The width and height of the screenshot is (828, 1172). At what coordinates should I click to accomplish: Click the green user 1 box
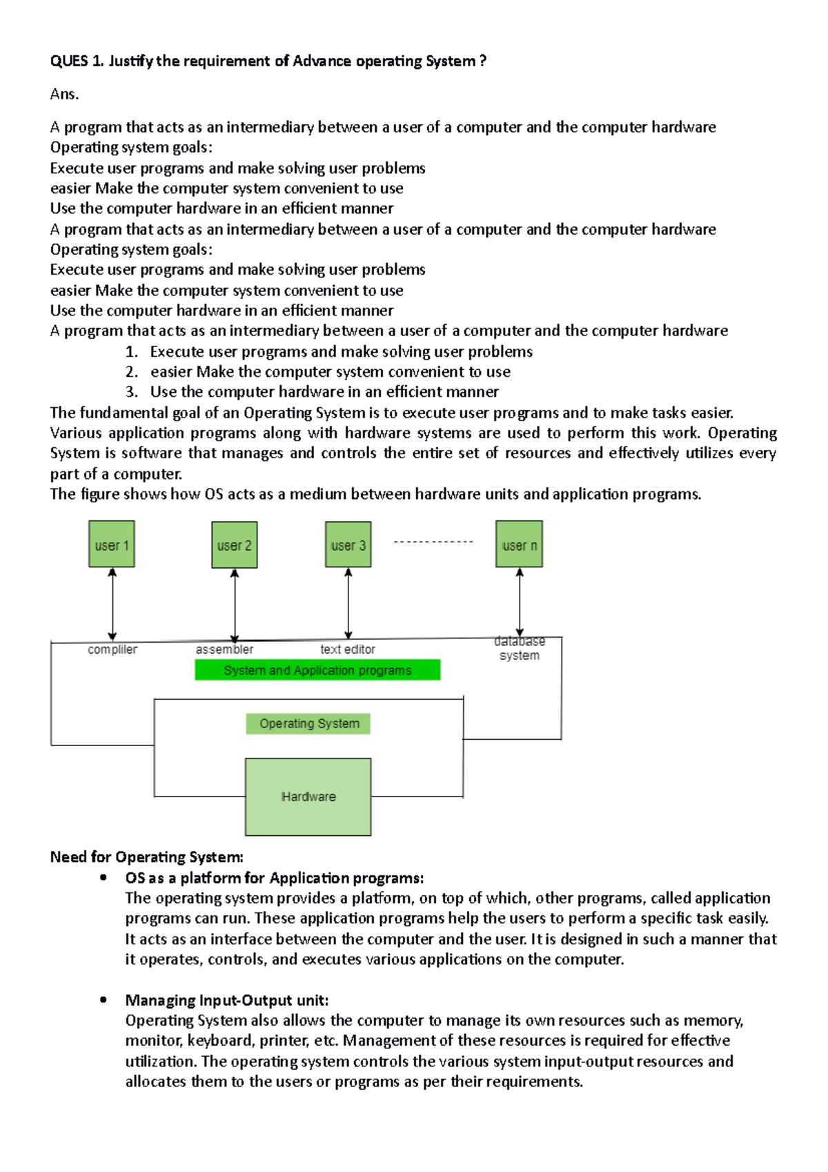click(x=112, y=545)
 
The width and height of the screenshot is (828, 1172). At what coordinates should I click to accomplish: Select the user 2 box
click(x=235, y=545)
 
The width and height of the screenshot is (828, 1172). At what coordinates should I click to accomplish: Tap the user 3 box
click(x=348, y=545)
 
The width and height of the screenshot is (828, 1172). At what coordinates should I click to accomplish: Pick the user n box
click(x=520, y=545)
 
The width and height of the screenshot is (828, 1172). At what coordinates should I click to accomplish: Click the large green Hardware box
click(x=308, y=797)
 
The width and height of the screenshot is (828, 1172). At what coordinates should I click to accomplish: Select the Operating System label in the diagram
click(x=308, y=723)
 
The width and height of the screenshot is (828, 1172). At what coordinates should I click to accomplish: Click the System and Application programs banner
click(x=317, y=670)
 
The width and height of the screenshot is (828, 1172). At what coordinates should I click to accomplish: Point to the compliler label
click(x=112, y=650)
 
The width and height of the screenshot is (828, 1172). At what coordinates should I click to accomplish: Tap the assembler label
click(x=224, y=650)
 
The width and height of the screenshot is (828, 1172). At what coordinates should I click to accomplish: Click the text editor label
click(x=348, y=650)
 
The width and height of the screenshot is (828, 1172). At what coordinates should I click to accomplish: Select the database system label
click(x=520, y=648)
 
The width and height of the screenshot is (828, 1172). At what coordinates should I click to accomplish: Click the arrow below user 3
click(x=348, y=604)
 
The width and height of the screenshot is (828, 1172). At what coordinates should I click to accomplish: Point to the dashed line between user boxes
click(x=433, y=542)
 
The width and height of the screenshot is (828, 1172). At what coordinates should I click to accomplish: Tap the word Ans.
click(x=64, y=95)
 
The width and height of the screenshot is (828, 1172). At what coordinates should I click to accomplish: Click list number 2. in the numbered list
click(x=132, y=372)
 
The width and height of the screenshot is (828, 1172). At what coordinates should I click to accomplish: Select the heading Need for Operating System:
click(x=147, y=857)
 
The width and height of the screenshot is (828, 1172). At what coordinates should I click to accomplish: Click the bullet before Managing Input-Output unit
click(x=103, y=999)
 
